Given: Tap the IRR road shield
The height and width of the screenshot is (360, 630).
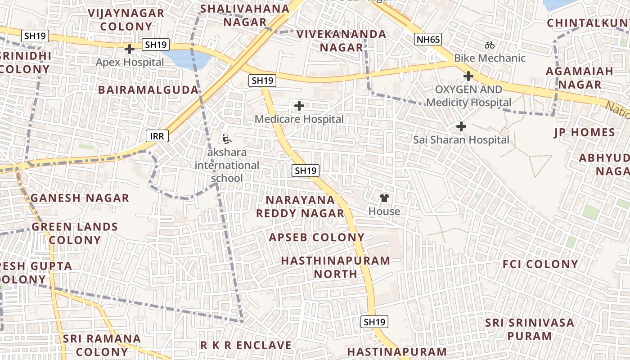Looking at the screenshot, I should point(157,136).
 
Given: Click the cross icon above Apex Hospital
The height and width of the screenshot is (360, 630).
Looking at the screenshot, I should point(130,49).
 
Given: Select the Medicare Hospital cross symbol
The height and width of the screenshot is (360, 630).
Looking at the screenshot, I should point(299,106).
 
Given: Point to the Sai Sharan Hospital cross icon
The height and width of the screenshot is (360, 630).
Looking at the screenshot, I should point(461,126).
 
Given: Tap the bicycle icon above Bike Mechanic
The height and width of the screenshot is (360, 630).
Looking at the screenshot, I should point(490,45).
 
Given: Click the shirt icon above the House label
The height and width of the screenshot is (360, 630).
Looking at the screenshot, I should point(384,198).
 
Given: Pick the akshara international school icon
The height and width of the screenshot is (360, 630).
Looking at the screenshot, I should point(227,139).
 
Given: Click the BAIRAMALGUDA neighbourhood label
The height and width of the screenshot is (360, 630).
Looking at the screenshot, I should point(148,90).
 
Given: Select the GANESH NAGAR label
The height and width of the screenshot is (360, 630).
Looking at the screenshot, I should point(80,198).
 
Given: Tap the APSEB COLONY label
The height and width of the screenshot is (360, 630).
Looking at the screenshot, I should point(316,238).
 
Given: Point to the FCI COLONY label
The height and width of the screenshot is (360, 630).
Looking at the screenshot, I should point(540,264).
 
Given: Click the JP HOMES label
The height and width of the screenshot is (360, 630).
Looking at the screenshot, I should point(585,133).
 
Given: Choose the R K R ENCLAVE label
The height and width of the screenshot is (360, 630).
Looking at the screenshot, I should point(246,346).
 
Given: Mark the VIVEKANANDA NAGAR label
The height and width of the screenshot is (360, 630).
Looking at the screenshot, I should point(341,41).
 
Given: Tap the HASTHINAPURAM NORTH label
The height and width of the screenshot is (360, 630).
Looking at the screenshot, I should point(336,267).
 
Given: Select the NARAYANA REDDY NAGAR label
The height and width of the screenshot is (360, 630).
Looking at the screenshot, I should point(300,207).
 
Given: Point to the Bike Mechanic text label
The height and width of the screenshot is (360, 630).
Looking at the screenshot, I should point(490,58).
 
